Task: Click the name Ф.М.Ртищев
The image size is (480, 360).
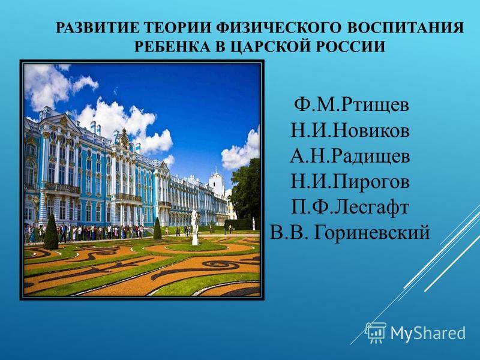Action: [x=351, y=106]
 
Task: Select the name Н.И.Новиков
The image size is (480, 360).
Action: [x=350, y=131]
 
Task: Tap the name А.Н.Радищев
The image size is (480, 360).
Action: [x=350, y=157]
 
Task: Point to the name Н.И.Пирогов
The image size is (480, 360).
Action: [x=350, y=182]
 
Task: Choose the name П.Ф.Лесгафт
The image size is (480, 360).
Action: [x=350, y=208]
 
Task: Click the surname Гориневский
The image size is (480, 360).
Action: [x=372, y=232]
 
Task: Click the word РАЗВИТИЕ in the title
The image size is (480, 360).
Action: [x=98, y=28]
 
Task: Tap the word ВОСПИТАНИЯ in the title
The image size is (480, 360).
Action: [x=406, y=28]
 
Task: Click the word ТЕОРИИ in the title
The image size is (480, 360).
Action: [x=178, y=28]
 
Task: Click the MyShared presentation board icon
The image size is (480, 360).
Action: [x=376, y=332]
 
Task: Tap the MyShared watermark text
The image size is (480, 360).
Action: [x=428, y=333]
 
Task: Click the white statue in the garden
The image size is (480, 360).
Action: [x=194, y=227]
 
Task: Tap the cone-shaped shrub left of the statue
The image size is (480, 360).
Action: [x=157, y=229]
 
